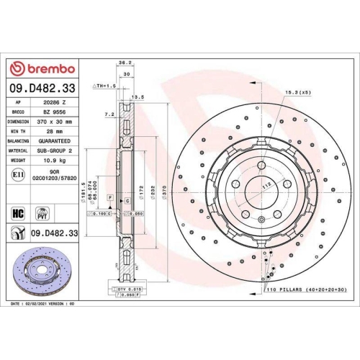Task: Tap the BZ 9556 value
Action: click(51, 112)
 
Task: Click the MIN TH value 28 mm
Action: click(51, 132)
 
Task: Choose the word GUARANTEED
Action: click(51, 142)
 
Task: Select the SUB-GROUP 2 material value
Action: click(51, 151)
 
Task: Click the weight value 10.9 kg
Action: click(51, 161)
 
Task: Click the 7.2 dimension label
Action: click(108, 114)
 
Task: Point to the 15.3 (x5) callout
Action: click(297, 92)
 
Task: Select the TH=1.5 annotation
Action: click(105, 86)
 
